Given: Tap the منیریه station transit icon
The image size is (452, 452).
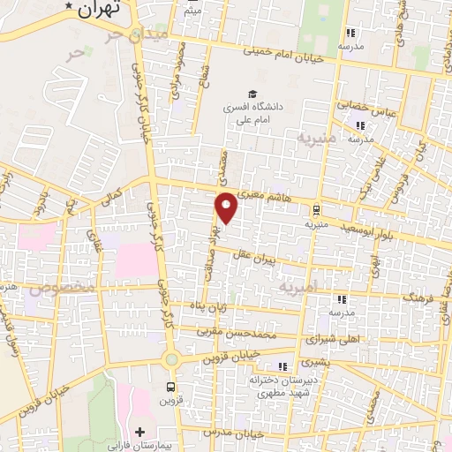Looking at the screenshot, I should tap(315, 209).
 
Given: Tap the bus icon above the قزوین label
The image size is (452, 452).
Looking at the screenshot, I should tap(171, 386).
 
